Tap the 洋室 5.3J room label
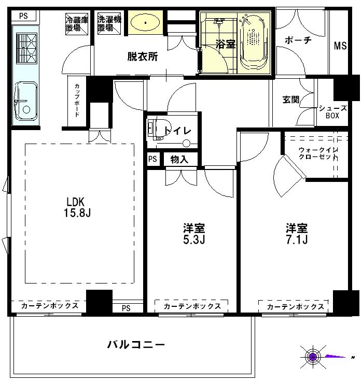[x=194, y=234]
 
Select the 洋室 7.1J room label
[x=297, y=234]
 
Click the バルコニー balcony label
[x=136, y=345]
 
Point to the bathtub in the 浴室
[x=254, y=41]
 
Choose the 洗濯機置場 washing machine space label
[x=109, y=24]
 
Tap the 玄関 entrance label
[x=290, y=100]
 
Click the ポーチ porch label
[x=298, y=40]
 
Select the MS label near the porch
[x=340, y=46]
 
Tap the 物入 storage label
[x=179, y=160]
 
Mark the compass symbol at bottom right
[x=313, y=357]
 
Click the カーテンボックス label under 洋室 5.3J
[x=192, y=306]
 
